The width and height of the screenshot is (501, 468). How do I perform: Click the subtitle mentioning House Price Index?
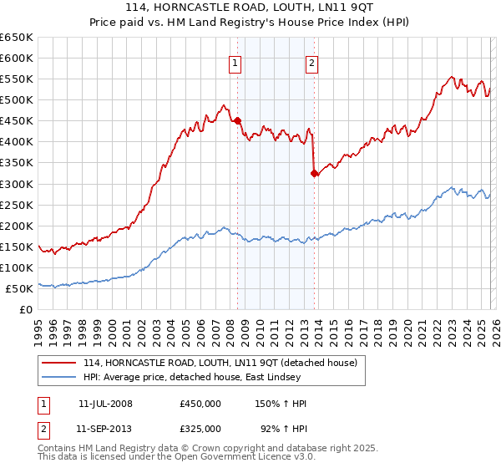pyautogui.click(x=250, y=23)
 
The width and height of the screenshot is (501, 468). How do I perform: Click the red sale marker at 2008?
pyautogui.click(x=237, y=121)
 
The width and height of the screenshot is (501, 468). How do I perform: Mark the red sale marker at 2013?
pyautogui.click(x=314, y=174)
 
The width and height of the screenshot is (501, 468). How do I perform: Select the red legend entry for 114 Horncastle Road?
pyautogui.click(x=220, y=363)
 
